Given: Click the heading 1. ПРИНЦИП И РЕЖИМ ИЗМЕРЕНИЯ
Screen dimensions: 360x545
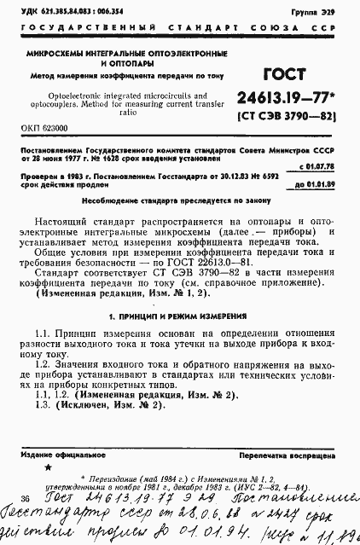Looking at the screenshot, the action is click(x=178, y=316).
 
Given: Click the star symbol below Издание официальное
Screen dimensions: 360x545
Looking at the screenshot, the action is click(x=48, y=469).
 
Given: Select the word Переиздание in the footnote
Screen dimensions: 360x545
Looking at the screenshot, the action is click(x=107, y=480).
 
